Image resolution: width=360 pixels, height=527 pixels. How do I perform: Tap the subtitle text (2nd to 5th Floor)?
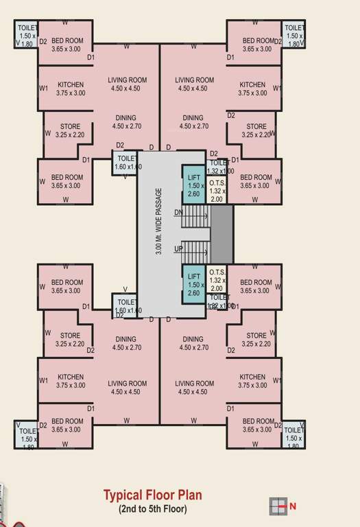pyautogui.click(x=152, y=509)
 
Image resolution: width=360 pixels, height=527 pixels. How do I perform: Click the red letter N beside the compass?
pyautogui.click(x=293, y=506)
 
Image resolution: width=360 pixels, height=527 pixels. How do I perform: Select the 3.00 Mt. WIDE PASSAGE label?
pyautogui.click(x=159, y=222)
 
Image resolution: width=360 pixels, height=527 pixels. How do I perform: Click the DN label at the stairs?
pyautogui.click(x=179, y=212)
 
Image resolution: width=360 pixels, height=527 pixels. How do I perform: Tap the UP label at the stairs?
pyautogui.click(x=179, y=248)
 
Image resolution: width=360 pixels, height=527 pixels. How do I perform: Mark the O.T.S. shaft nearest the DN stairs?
pyautogui.click(x=217, y=189)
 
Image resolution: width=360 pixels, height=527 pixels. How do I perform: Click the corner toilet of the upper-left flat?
pyautogui.click(x=27, y=35)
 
